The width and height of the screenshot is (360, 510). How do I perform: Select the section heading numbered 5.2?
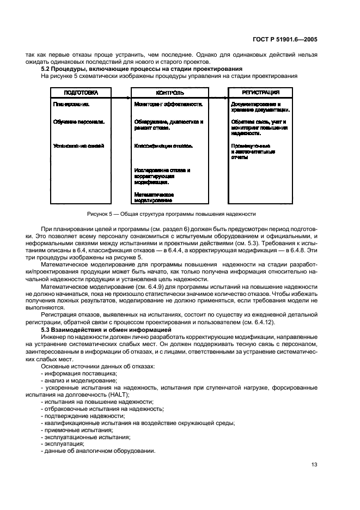pyautogui.click(x=142, y=69)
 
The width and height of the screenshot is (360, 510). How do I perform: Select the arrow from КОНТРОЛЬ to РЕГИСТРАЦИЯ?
pyautogui.click(x=216, y=99)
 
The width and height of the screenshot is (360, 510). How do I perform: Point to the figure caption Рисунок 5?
pyautogui.click(x=170, y=214)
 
